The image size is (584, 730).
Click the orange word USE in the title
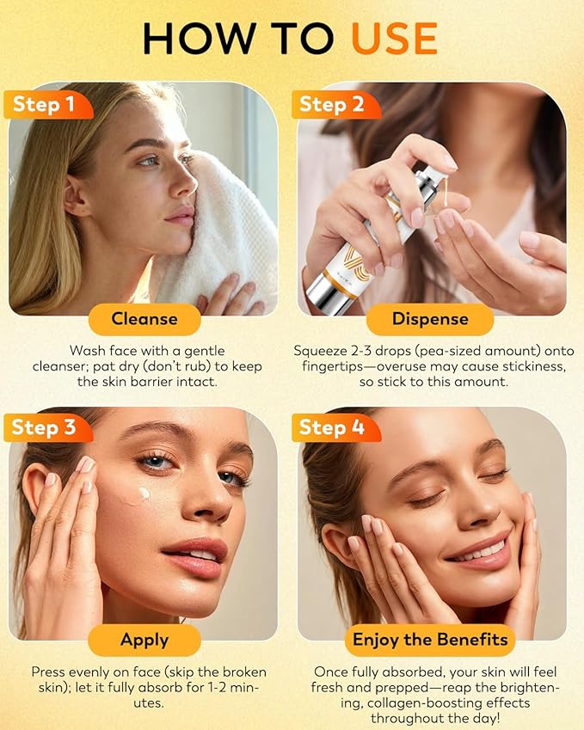click(394, 38)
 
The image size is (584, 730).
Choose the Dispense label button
click(429, 319)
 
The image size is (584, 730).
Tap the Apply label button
click(144, 641)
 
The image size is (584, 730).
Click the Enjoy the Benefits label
click(429, 641)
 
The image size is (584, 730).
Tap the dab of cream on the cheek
click(138, 495)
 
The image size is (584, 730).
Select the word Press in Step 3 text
click(49, 672)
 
